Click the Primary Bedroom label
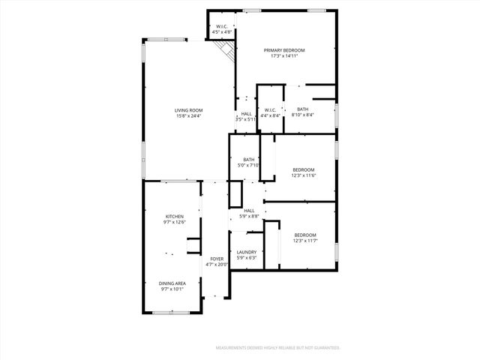point(284,50)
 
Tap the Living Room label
point(189,110)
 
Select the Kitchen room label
point(174,216)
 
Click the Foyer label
point(217,259)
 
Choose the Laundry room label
point(247,252)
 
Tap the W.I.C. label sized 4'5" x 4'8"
point(221,28)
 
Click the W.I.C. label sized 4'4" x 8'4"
point(271,109)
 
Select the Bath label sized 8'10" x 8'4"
point(302,109)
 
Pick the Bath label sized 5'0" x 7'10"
point(248,159)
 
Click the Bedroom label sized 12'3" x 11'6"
point(304,169)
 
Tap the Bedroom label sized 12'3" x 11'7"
point(304,235)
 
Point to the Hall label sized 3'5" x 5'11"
point(246,114)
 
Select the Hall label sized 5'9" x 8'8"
point(249,211)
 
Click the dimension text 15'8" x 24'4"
point(189,116)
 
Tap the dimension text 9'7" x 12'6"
point(174,222)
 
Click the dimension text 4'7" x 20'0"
point(217,265)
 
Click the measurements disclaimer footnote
point(277,348)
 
